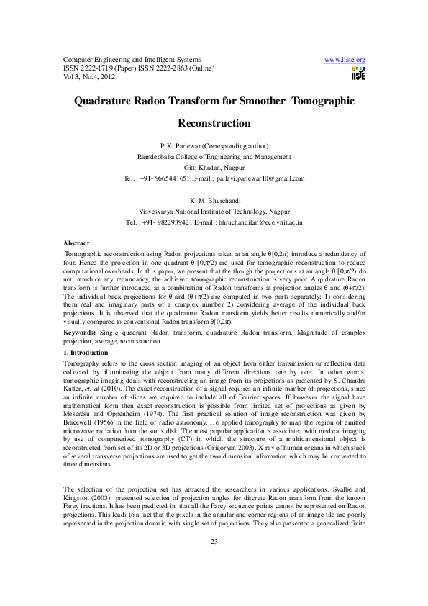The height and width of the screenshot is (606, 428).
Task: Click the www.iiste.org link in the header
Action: [x=345, y=59]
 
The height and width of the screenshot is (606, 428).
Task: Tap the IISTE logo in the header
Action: [x=358, y=73]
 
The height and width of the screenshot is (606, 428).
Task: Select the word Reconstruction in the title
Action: [x=214, y=123]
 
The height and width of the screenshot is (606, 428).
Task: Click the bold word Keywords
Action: [x=81, y=333]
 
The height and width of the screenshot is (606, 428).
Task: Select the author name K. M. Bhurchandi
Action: [x=214, y=201]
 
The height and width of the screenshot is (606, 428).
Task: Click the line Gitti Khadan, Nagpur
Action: [x=214, y=167]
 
